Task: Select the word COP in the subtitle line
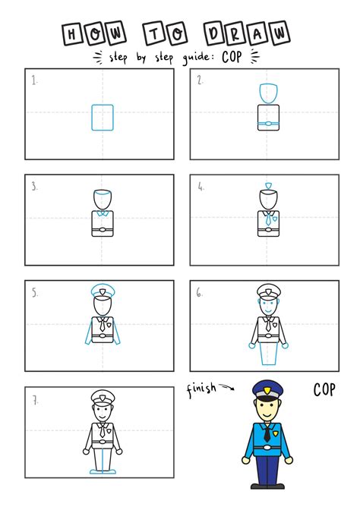click(x=232, y=56)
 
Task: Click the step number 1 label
click(x=34, y=79)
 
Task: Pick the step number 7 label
click(x=35, y=399)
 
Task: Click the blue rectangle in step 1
click(x=103, y=117)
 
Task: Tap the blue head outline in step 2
click(x=267, y=93)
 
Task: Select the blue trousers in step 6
click(x=267, y=354)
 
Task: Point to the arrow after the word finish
click(x=226, y=389)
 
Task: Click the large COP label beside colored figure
click(x=324, y=390)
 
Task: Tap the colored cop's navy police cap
click(x=267, y=389)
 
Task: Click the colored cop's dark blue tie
click(x=267, y=434)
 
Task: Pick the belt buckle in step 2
click(x=267, y=124)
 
